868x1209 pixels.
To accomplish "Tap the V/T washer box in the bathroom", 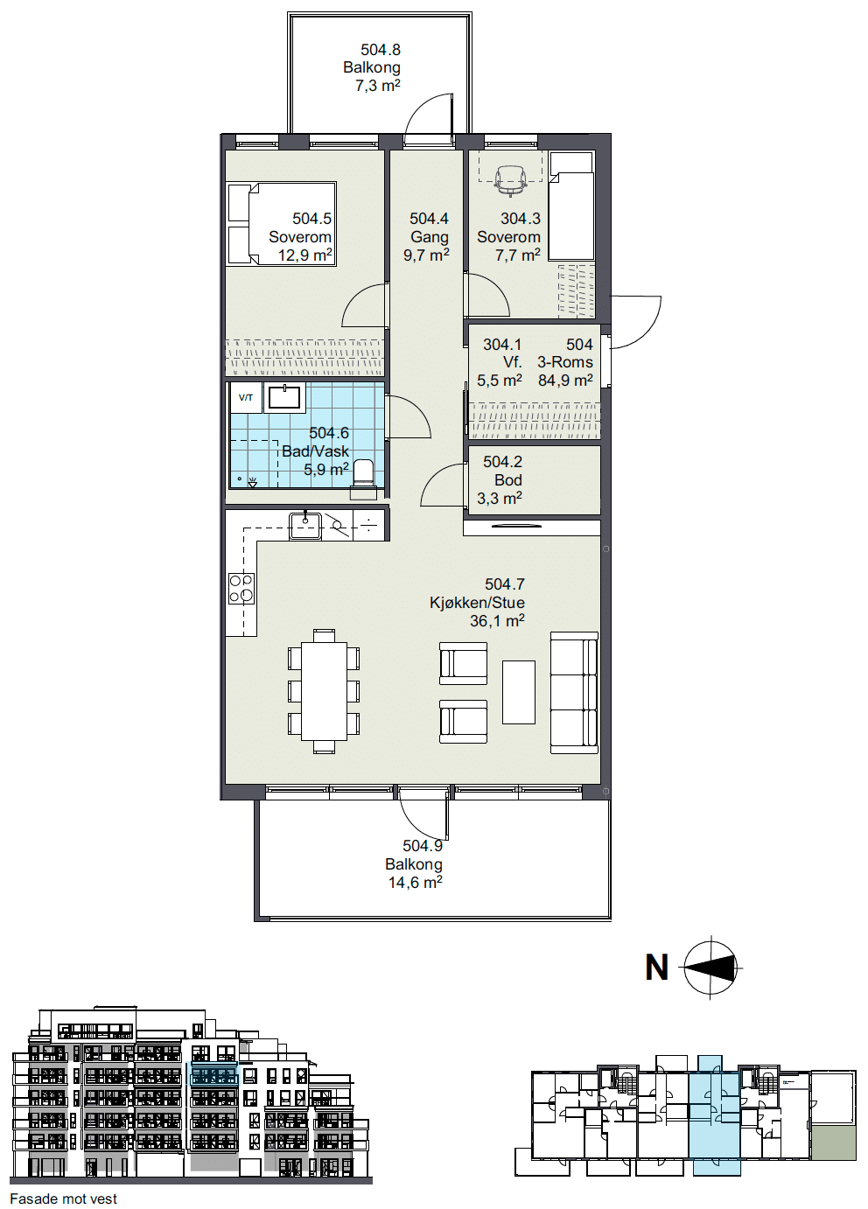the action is coord(246,398).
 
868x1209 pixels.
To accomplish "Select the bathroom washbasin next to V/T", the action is coord(283,397).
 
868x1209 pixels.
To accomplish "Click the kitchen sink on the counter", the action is coord(305,526).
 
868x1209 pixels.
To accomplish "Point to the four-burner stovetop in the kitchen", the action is coord(241,588).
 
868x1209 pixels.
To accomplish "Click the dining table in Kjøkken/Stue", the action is coord(324,691).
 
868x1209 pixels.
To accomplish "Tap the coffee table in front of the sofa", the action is coord(518,692).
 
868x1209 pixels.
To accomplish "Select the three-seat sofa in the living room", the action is coord(574,693).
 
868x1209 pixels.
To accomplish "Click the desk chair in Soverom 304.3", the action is coord(510,179).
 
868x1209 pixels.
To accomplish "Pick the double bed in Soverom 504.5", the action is coord(282,223).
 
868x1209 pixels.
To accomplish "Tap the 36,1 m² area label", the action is coord(497,621).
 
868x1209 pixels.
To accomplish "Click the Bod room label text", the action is coord(508,479).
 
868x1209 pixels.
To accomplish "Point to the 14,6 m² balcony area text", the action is coord(415,883).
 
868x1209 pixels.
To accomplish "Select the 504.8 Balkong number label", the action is coord(381,50).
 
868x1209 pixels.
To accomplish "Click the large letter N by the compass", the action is coord(657,968).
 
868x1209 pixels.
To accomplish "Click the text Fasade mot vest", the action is coord(64,1199).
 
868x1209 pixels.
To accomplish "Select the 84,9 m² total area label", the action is coord(565,380).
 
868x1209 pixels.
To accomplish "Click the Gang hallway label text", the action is coord(429,237).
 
